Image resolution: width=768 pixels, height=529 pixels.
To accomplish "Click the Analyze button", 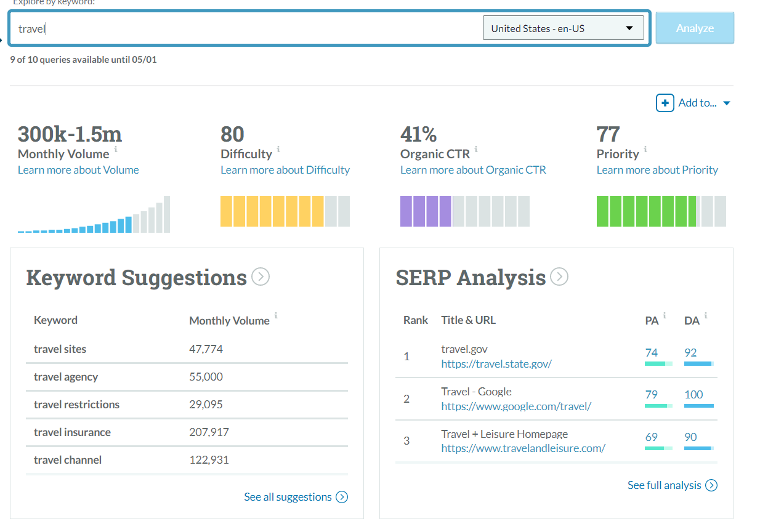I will (695, 28).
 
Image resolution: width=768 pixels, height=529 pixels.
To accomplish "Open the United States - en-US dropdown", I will (563, 28).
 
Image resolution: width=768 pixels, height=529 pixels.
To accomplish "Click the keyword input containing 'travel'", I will (246, 28).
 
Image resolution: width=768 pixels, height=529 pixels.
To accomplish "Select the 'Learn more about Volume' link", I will (78, 170).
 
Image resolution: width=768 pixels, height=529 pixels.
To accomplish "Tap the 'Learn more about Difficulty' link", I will (285, 170).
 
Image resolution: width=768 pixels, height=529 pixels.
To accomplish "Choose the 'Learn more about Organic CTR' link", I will (473, 170).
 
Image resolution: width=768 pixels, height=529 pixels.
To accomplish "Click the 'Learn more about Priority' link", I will (657, 170).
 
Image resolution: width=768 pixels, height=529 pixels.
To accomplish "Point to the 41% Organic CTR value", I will (418, 134).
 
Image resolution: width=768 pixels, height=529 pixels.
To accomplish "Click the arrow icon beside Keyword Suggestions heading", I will (261, 277).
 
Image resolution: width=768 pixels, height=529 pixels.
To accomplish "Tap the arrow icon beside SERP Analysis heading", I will (559, 277).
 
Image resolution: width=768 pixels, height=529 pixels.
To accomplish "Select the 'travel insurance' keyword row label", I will (72, 432).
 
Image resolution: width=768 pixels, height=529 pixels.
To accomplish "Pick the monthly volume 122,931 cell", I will (209, 460).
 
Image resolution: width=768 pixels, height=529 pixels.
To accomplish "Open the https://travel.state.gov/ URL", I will (496, 364).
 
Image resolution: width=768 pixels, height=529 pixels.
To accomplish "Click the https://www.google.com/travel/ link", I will (516, 406).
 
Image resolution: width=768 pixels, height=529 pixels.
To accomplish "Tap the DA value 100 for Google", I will (693, 395).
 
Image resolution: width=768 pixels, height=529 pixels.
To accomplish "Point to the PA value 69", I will (651, 437).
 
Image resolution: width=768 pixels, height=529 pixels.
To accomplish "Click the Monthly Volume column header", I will (229, 320).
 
